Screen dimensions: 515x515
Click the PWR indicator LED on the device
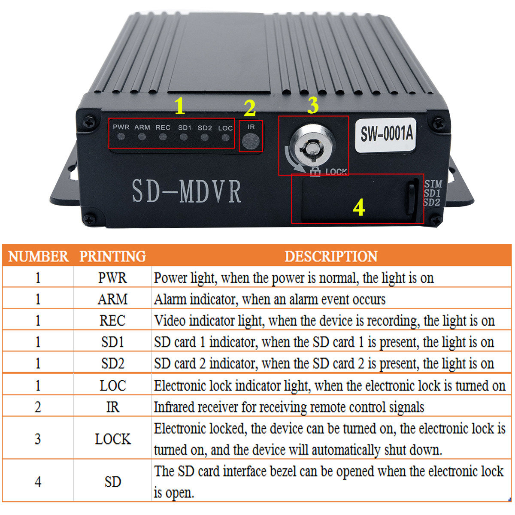click(x=121, y=137)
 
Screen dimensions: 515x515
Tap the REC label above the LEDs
click(x=163, y=127)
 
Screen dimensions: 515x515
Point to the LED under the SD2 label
click(x=204, y=137)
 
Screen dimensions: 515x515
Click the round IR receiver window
click(x=250, y=141)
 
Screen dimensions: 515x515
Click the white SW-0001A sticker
click(x=386, y=135)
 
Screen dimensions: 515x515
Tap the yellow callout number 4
click(x=359, y=207)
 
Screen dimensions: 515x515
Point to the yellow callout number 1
click(x=179, y=106)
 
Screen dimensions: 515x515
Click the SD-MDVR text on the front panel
click(x=187, y=191)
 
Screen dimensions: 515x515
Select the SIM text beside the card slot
click(x=433, y=184)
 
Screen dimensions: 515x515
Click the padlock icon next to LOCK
click(x=315, y=171)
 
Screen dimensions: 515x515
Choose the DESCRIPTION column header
click(x=331, y=256)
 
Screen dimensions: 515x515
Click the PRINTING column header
click(x=112, y=256)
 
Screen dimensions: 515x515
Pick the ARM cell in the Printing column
click(x=112, y=299)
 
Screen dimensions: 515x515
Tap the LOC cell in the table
click(x=112, y=385)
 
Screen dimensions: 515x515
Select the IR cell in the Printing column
click(x=112, y=407)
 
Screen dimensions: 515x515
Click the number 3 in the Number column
click(x=38, y=439)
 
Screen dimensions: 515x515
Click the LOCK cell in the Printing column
click(x=113, y=439)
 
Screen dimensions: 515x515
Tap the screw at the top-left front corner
click(x=89, y=122)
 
